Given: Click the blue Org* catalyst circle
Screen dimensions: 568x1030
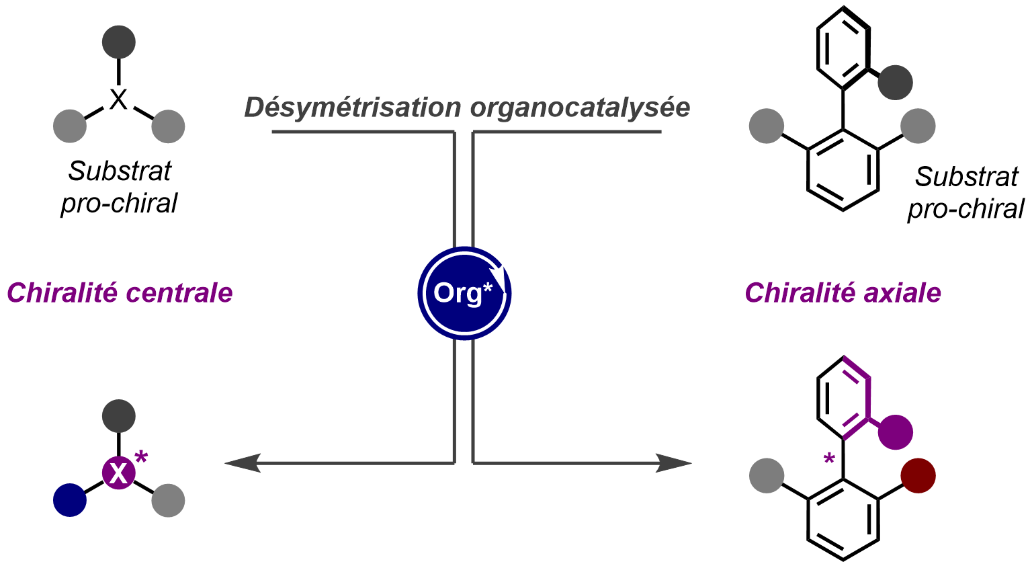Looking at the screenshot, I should pyautogui.click(x=464, y=293).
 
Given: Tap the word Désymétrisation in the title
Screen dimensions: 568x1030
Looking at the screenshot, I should pyautogui.click(x=353, y=108).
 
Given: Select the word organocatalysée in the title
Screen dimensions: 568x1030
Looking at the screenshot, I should pyautogui.click(x=580, y=108).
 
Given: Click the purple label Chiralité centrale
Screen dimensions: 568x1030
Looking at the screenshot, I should pyautogui.click(x=120, y=293).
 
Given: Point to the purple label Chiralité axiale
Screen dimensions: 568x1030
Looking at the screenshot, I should pyautogui.click(x=843, y=293).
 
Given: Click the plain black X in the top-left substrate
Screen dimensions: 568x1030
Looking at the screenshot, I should pyautogui.click(x=118, y=100).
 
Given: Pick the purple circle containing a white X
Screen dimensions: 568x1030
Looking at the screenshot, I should pyautogui.click(x=119, y=473).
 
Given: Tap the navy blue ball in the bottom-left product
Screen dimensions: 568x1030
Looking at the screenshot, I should pyautogui.click(x=70, y=500).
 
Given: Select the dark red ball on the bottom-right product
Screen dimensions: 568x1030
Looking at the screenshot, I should pyautogui.click(x=918, y=475).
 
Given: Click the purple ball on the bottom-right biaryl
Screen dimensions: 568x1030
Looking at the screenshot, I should pyautogui.click(x=895, y=432).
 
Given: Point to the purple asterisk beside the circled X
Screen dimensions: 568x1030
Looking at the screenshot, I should pyautogui.click(x=141, y=458).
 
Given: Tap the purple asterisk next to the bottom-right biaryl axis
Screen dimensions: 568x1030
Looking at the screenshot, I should pyautogui.click(x=829, y=460).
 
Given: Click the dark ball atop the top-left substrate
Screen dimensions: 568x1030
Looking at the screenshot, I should pyautogui.click(x=119, y=42).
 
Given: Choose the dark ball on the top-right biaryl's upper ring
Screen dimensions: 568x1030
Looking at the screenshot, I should pyautogui.click(x=895, y=83).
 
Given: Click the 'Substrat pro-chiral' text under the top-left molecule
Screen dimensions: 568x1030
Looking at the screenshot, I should pyautogui.click(x=120, y=187).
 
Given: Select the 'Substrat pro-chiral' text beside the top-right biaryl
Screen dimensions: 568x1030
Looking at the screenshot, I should pyautogui.click(x=965, y=193).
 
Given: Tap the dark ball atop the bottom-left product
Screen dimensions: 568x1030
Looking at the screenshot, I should pyautogui.click(x=119, y=416).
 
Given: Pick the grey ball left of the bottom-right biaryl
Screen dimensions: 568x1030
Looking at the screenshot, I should pyautogui.click(x=767, y=475).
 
